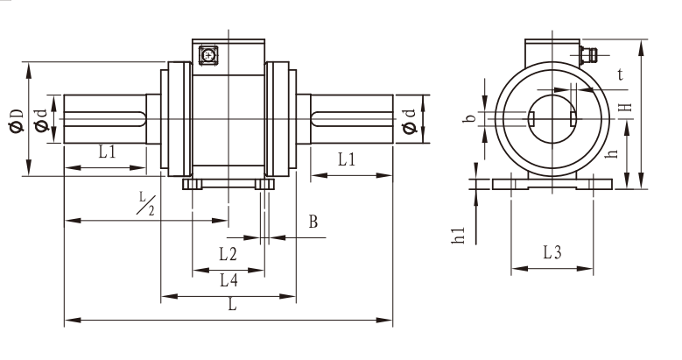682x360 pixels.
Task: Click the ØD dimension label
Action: [16, 121]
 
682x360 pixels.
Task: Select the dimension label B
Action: [313, 222]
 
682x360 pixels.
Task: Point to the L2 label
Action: [228, 254]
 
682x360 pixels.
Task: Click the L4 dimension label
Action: [229, 280]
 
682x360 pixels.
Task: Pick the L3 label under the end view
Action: [552, 252]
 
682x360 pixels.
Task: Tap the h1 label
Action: [459, 236]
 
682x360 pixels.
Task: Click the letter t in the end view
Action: [620, 74]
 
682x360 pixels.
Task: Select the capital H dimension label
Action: [624, 107]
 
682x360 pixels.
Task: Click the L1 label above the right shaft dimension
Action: [347, 159]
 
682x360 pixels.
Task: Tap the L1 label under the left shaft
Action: [107, 152]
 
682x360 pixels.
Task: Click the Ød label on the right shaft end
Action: [410, 122]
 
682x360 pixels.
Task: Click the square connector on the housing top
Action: [207, 55]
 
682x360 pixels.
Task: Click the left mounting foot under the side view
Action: [193, 184]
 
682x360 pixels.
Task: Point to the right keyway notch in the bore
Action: [573, 117]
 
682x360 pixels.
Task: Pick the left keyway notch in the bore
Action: [531, 117]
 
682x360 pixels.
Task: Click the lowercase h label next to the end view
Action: [613, 153]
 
